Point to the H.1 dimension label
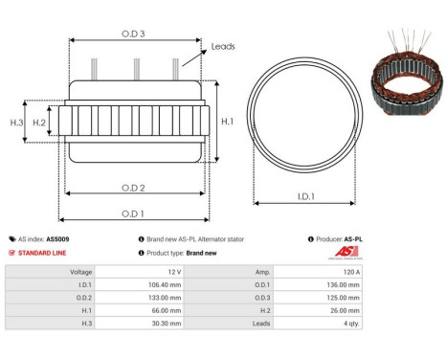pyautogui.click(x=228, y=122)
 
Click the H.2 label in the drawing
pyautogui.click(x=39, y=123)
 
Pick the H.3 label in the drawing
pyautogui.click(x=16, y=123)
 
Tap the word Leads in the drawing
pyautogui.click(x=223, y=46)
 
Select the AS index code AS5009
pyautogui.click(x=57, y=239)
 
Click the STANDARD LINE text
pyautogui.click(x=44, y=253)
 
